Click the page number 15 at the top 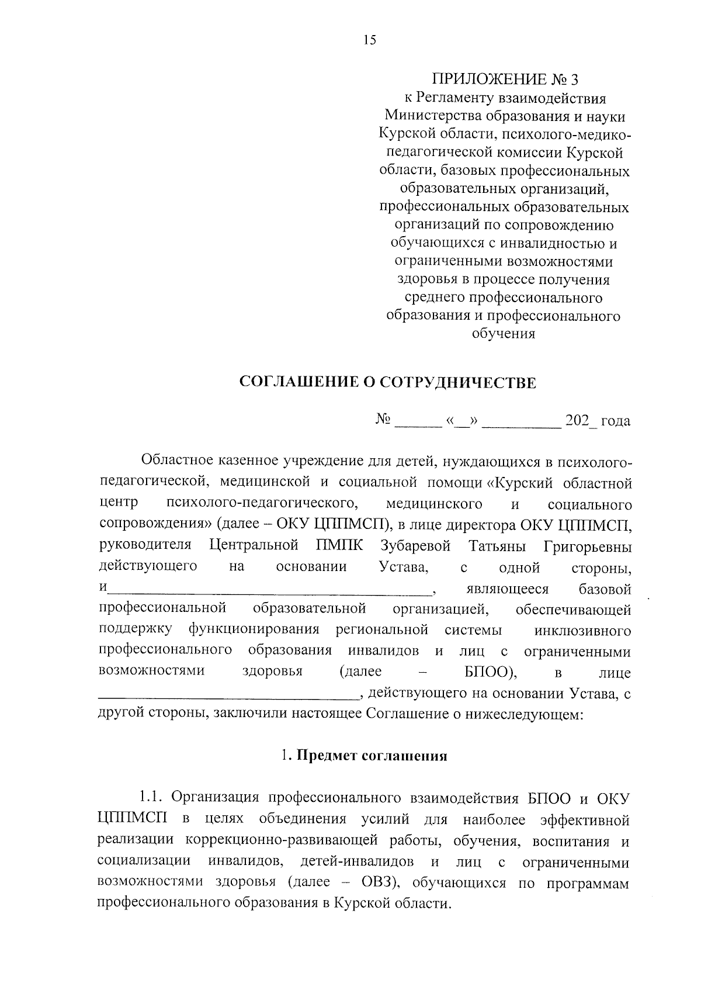tap(370, 40)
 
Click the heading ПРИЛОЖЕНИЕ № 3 tap(507, 79)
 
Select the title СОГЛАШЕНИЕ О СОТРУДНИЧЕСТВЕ tap(388, 383)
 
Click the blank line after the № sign tap(418, 422)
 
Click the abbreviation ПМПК tap(339, 546)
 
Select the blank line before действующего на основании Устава tap(228, 696)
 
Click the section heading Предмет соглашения tap(372, 756)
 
